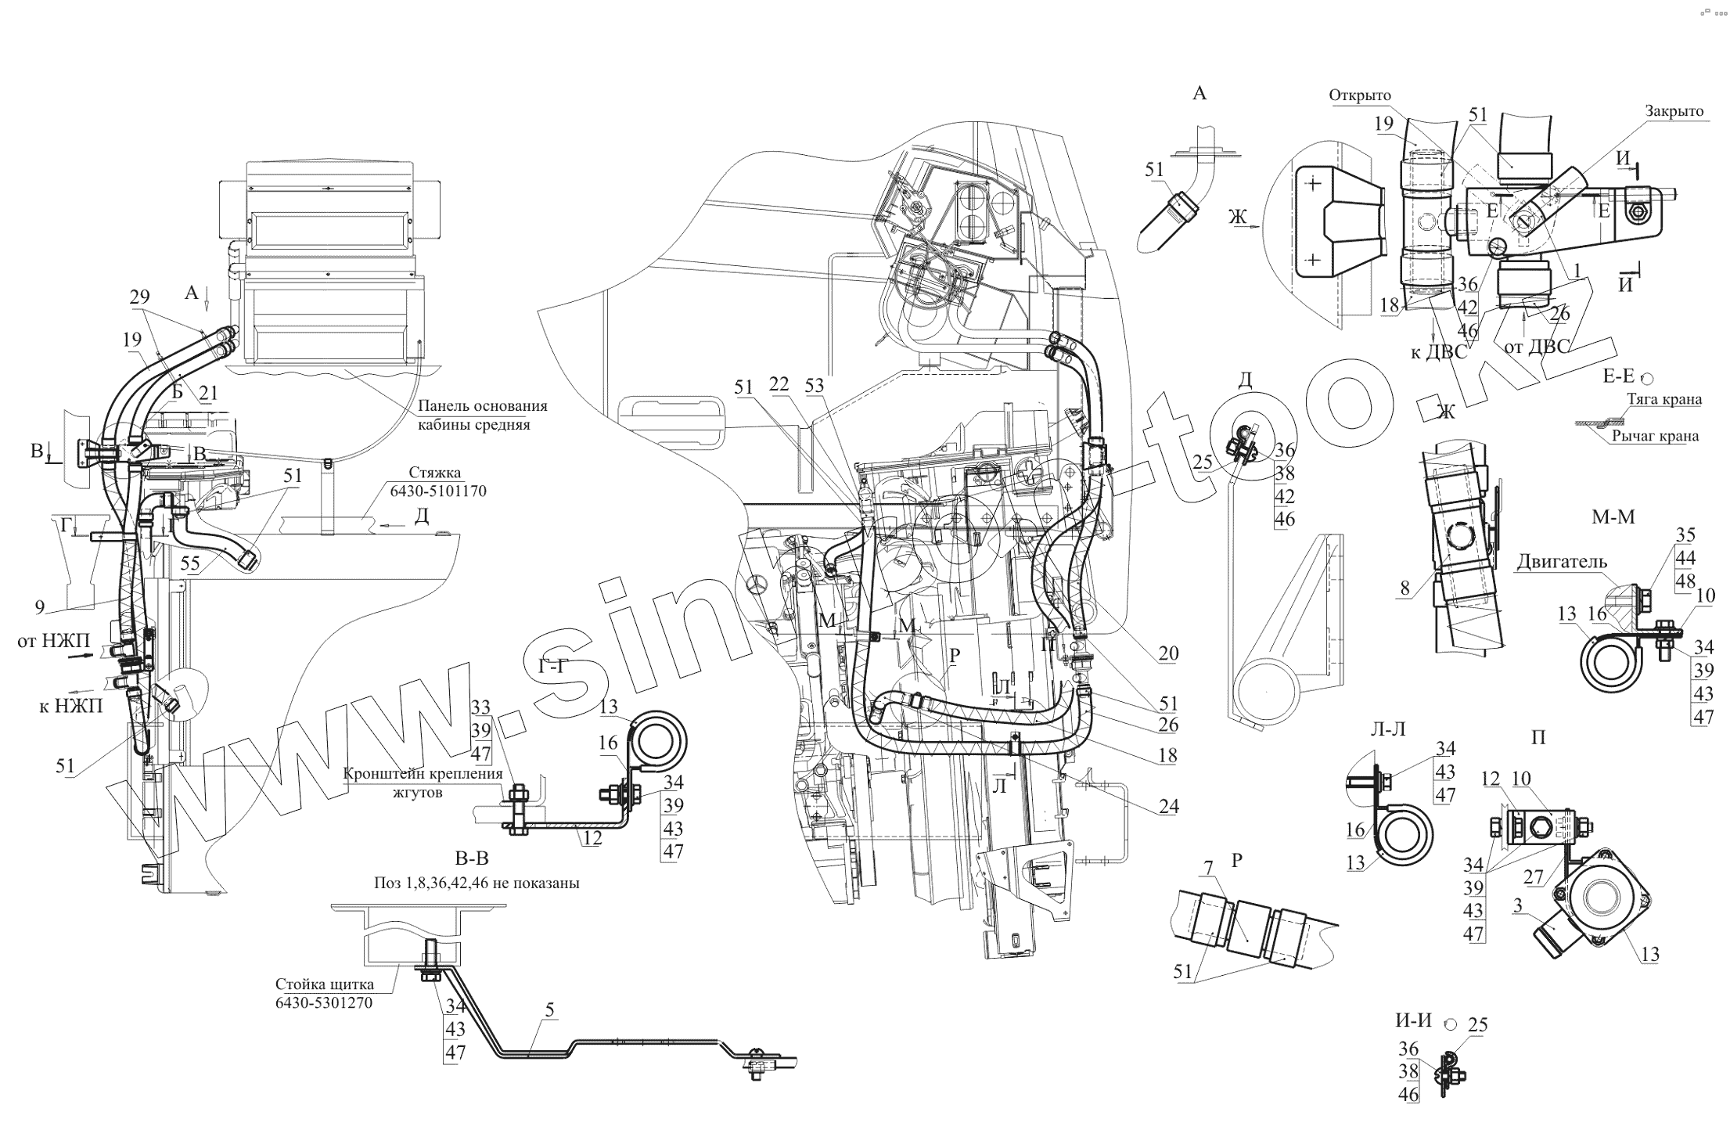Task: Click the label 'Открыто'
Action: point(1359,95)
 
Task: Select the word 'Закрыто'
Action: point(1674,111)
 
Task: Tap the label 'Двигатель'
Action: point(1562,561)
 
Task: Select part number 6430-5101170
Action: point(437,491)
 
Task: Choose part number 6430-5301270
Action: point(323,1003)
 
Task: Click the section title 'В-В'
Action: point(471,858)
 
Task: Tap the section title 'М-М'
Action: point(1613,516)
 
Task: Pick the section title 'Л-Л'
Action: point(1388,729)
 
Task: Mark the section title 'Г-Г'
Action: point(553,666)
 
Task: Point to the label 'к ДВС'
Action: point(1438,352)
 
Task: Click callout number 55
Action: point(190,563)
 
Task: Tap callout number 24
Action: point(1168,806)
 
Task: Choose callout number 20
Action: point(1167,653)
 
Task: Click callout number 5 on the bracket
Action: point(549,1009)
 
